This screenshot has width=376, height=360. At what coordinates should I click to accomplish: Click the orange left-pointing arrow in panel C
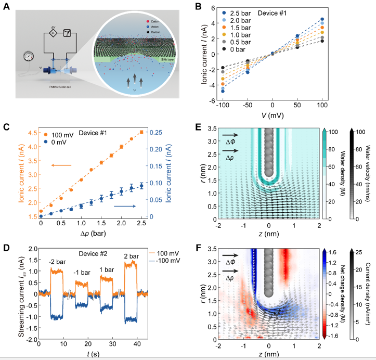(x=61, y=165)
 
